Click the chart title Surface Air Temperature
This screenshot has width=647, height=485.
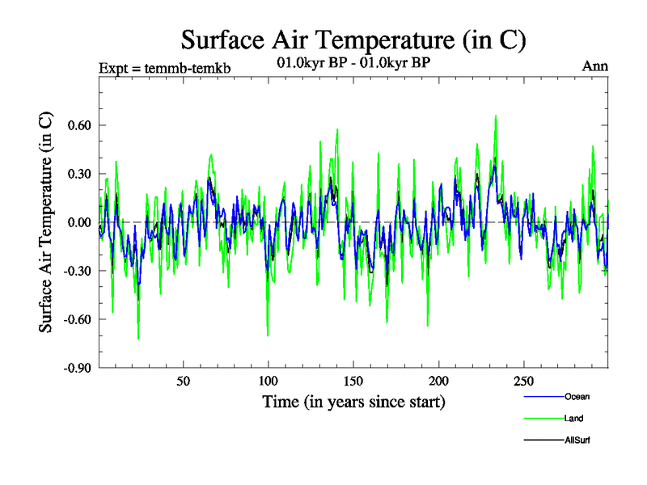353,40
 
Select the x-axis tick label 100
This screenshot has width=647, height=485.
268,382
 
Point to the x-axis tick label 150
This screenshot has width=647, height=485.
353,382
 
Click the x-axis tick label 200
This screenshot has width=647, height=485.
438,382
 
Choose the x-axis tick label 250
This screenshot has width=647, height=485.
523,382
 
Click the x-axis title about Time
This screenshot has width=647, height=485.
353,402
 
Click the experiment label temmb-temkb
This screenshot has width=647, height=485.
164,68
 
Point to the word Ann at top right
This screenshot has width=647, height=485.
595,66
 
